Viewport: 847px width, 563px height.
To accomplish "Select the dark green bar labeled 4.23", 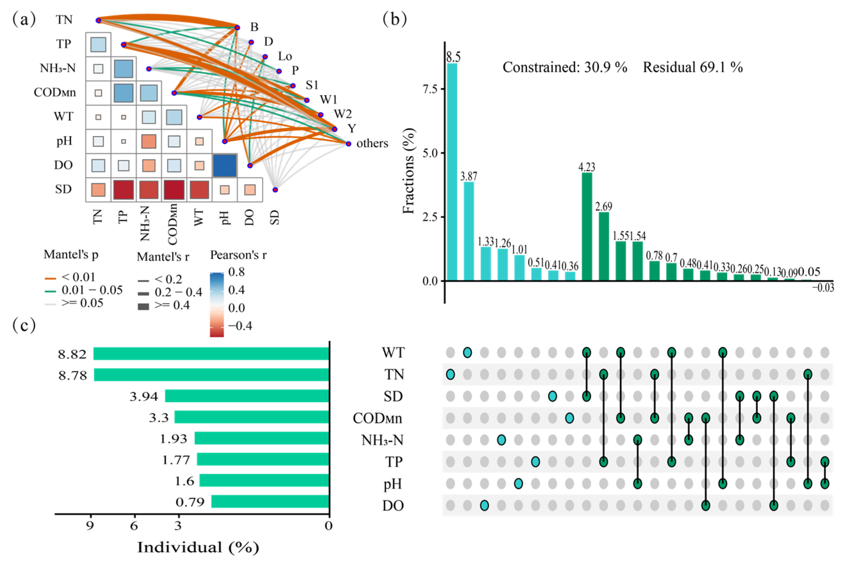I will [587, 227].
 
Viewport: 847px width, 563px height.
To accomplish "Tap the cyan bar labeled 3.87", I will [469, 231].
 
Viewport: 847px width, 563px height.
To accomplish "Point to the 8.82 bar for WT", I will [211, 354].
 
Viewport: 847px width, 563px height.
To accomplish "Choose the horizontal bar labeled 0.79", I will [270, 501].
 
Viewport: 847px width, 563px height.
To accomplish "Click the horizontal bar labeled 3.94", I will [247, 396].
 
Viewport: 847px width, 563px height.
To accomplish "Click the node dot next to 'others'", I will [348, 144].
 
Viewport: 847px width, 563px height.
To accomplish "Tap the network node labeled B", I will [237, 28].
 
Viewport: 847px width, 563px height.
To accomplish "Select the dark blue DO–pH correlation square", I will [225, 165].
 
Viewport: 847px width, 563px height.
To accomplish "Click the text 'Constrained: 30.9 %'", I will [565, 67].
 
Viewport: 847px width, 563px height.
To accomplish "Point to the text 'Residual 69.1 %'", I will [692, 67].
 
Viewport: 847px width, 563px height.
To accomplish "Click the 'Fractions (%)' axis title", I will [409, 171].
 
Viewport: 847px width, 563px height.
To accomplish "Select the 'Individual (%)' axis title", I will [198, 548].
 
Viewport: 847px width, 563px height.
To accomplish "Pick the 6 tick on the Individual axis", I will [134, 526].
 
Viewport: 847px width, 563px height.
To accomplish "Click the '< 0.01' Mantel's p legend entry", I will [78, 277].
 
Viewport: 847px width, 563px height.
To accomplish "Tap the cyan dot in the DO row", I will [484, 506].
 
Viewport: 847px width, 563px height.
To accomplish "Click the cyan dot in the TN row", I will [450, 374].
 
